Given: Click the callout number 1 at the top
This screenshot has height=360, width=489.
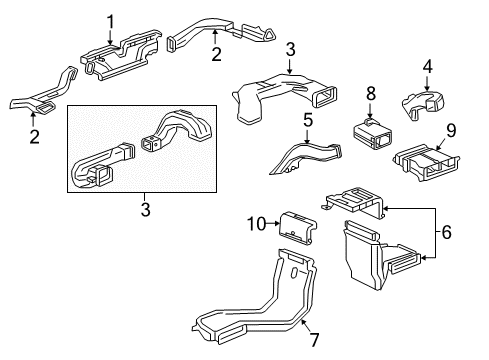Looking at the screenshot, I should (111, 19).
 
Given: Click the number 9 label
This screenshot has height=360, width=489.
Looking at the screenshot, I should (450, 129).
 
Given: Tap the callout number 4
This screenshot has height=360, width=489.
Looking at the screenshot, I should (427, 68).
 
